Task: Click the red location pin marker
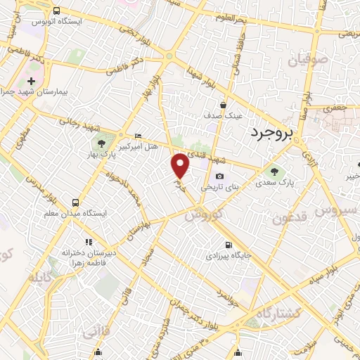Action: [x=181, y=165]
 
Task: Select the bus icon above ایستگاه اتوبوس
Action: [x=56, y=11]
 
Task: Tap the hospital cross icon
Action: [x=31, y=81]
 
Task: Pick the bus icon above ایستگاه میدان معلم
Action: [x=75, y=201]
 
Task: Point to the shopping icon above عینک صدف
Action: [x=223, y=103]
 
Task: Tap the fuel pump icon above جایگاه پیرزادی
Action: [x=221, y=245]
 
